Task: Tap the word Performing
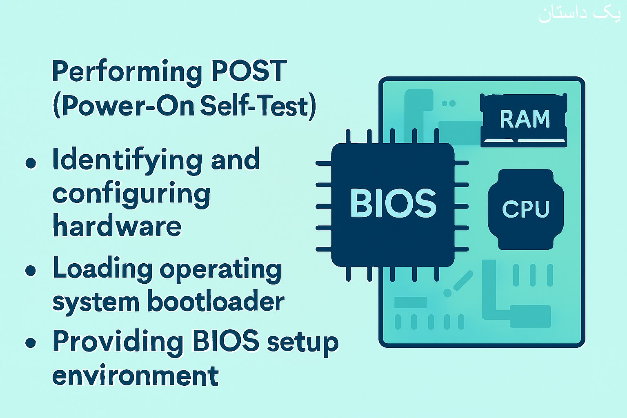(x=127, y=73)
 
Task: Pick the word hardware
(x=117, y=225)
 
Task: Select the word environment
(x=136, y=375)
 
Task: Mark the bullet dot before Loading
(x=31, y=271)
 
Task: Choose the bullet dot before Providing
(x=31, y=343)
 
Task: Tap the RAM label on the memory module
(x=525, y=119)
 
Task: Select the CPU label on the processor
(x=526, y=209)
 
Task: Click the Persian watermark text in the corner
(x=580, y=15)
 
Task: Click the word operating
(x=220, y=271)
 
